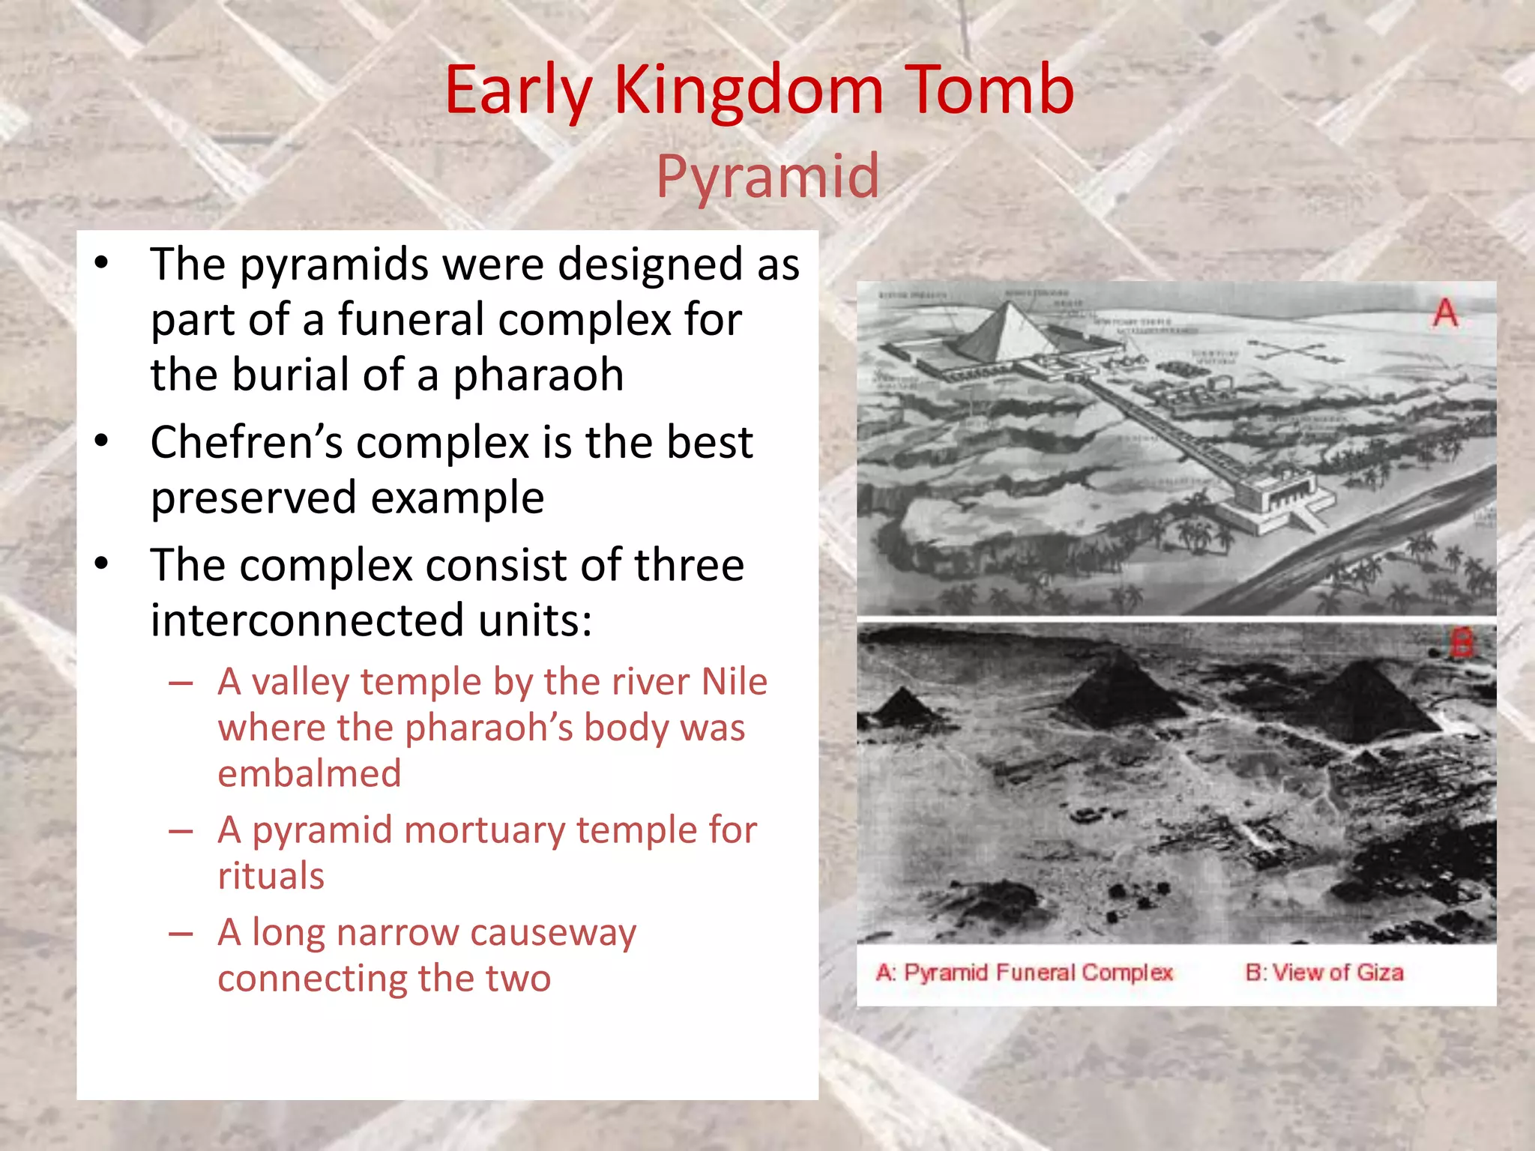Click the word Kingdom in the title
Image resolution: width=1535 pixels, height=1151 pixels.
pyautogui.click(x=749, y=91)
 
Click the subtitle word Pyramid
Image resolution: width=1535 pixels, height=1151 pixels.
pyautogui.click(x=767, y=176)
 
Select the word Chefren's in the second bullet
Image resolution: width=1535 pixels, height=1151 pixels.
pyautogui.click(x=247, y=442)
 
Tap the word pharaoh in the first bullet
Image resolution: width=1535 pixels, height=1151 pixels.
pyautogui.click(x=538, y=375)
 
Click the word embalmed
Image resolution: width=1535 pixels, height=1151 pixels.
pyautogui.click(x=310, y=773)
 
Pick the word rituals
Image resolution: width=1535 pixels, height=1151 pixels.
pyautogui.click(x=271, y=876)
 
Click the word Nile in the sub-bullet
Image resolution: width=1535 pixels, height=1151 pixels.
pyautogui.click(x=734, y=682)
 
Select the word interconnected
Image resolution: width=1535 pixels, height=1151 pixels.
pyautogui.click(x=307, y=620)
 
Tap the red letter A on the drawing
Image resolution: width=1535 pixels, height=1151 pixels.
pyautogui.click(x=1446, y=313)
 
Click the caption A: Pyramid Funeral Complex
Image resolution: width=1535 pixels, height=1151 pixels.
pyautogui.click(x=1024, y=973)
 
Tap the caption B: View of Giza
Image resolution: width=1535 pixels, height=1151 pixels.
pyautogui.click(x=1324, y=973)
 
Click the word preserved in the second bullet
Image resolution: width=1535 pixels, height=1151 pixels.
pyautogui.click(x=253, y=498)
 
